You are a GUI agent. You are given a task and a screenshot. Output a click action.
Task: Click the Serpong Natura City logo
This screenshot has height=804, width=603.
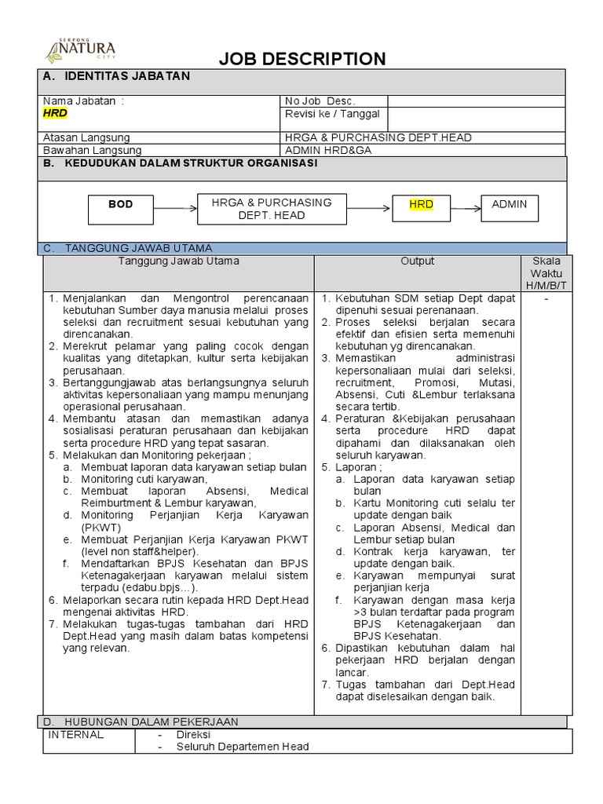(x=81, y=48)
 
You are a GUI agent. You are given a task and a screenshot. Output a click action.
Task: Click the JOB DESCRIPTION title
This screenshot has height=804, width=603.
(x=301, y=59)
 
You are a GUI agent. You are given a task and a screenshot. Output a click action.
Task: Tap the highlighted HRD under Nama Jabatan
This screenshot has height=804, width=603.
(x=55, y=113)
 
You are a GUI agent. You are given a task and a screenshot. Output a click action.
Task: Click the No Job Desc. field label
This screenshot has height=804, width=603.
(x=320, y=100)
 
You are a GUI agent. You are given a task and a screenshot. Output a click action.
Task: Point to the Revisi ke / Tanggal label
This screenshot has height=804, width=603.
(x=331, y=114)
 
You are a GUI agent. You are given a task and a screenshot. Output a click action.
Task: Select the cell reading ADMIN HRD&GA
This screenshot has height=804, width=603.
(x=328, y=150)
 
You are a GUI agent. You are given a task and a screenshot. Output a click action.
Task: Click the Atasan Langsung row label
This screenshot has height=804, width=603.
(x=86, y=137)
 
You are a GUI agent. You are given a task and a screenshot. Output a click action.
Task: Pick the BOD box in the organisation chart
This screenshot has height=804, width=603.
(x=120, y=205)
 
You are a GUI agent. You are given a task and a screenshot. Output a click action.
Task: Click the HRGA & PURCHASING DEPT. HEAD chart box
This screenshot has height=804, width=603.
(x=272, y=209)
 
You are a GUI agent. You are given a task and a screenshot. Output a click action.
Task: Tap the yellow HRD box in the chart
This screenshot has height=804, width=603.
(x=421, y=205)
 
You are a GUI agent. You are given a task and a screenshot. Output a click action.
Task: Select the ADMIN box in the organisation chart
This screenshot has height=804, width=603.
(x=509, y=205)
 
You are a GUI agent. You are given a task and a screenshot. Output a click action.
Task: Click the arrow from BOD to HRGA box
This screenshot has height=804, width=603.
(x=176, y=208)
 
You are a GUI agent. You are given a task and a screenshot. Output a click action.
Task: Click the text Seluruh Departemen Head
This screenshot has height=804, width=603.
(x=243, y=747)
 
